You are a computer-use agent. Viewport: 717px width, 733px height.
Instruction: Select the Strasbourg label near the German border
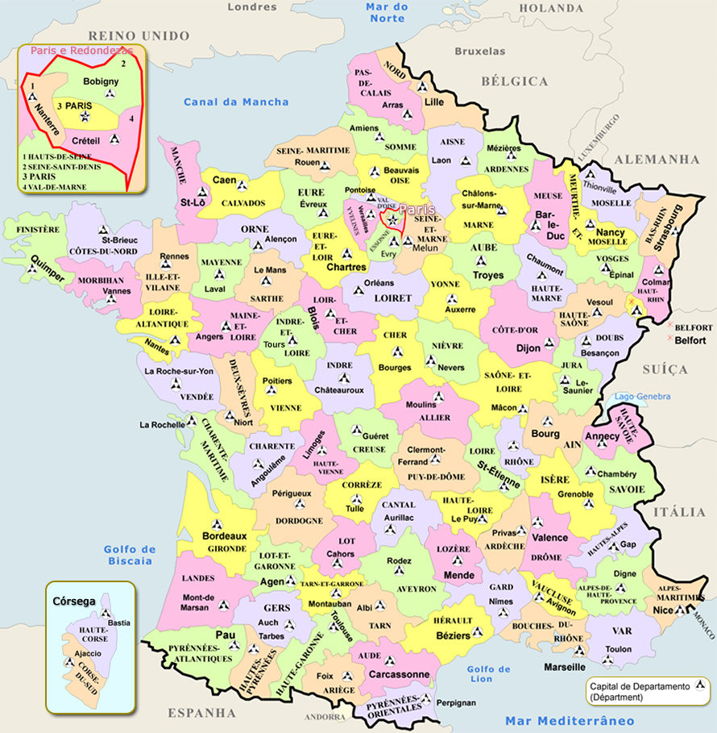[668, 229]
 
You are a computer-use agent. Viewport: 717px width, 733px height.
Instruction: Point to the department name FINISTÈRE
[37, 230]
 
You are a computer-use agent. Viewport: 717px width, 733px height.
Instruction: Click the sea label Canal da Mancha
[235, 102]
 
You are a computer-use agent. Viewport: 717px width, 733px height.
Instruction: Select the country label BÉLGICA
[514, 81]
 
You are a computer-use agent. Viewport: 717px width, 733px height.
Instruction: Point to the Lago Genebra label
[642, 397]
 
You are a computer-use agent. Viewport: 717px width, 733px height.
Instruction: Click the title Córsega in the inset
[73, 602]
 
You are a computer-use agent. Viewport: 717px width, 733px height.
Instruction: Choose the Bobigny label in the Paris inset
[100, 82]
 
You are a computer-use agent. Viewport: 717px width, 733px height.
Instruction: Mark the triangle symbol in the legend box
[700, 686]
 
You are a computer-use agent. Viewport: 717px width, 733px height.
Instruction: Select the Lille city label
[434, 102]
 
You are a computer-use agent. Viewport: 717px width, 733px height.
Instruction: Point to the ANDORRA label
[325, 716]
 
